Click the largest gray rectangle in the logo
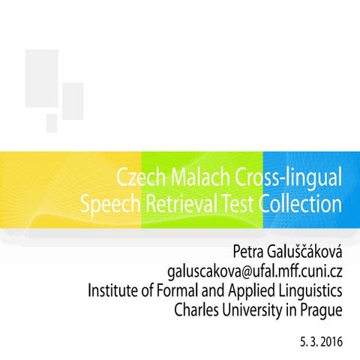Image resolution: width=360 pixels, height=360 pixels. pyautogui.click(x=41, y=77)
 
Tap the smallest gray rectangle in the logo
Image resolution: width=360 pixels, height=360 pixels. pyautogui.click(x=52, y=123)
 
